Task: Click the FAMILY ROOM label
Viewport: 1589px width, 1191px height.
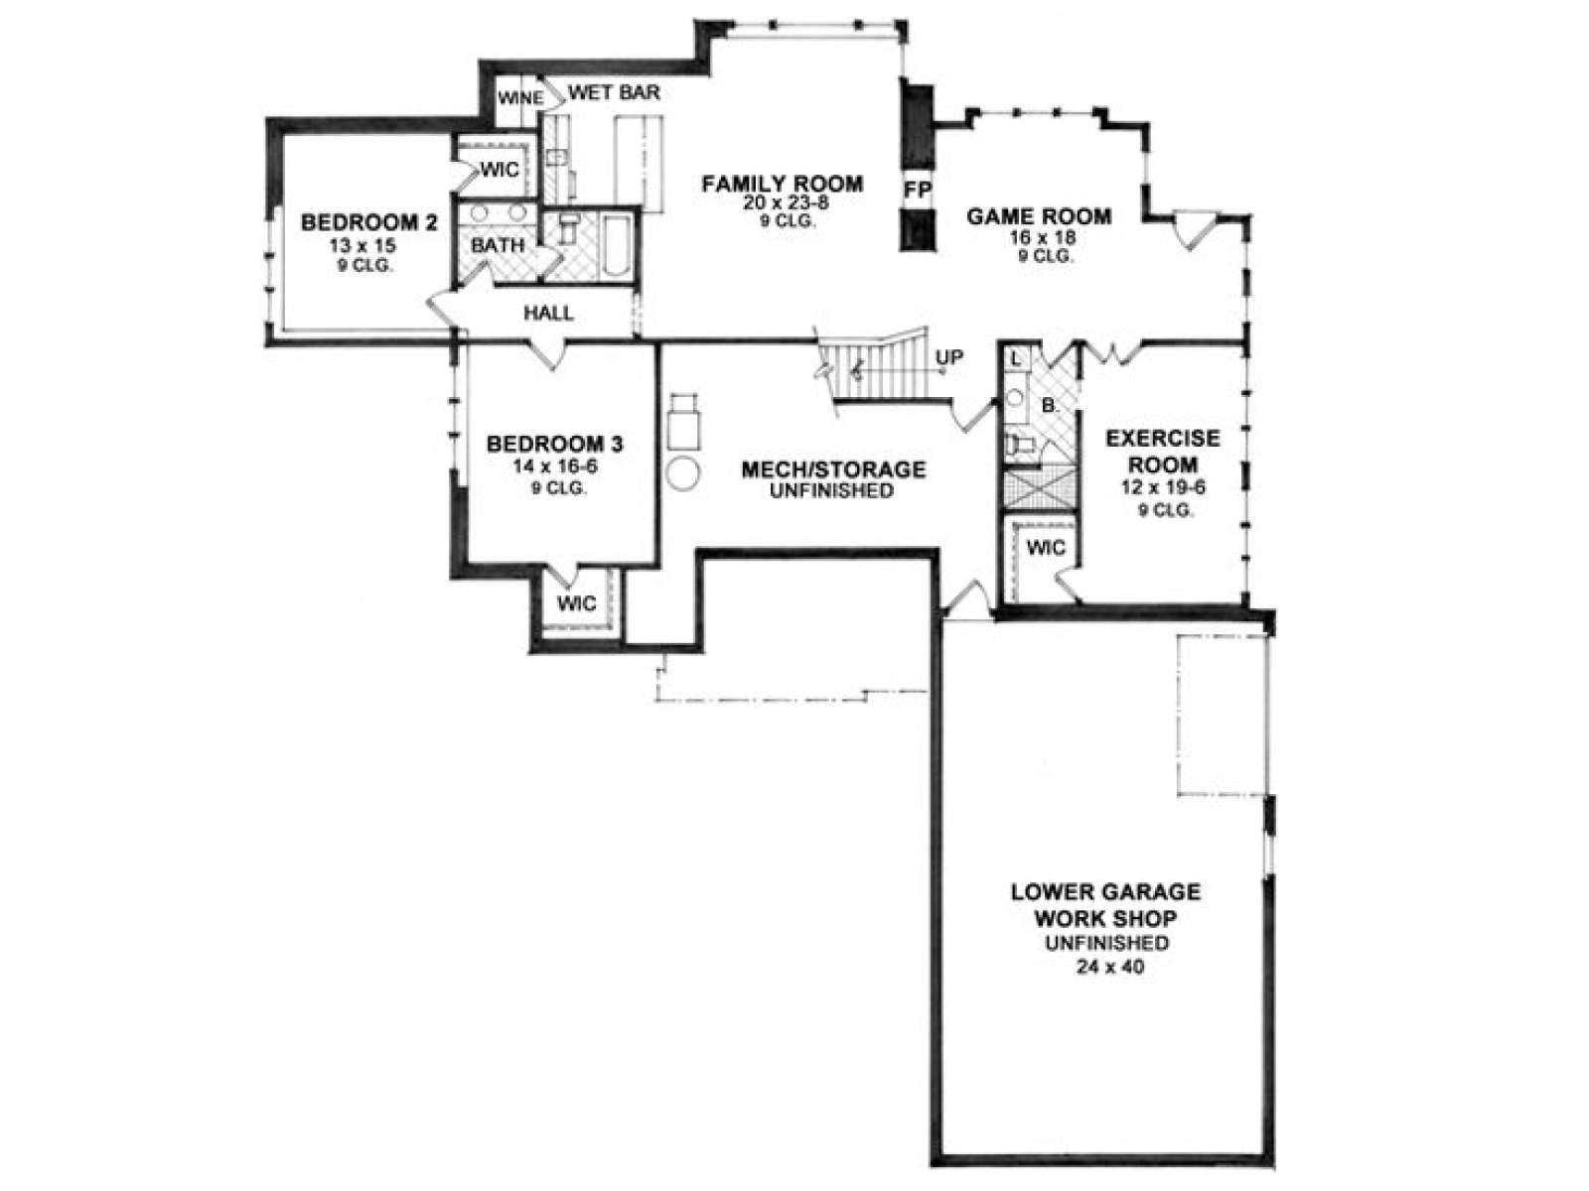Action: pos(782,184)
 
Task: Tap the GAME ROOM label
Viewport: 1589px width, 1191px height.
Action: pos(1039,216)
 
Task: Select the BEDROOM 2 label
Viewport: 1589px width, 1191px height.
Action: pos(368,222)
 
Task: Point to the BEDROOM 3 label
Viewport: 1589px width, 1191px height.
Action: pos(554,444)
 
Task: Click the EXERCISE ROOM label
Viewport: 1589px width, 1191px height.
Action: pos(1163,451)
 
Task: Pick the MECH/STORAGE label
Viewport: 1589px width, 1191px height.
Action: pos(833,469)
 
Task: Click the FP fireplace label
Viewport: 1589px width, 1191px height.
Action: pos(917,190)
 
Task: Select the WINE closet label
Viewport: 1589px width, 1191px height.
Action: pos(519,97)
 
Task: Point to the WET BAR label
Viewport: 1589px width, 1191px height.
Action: pos(615,92)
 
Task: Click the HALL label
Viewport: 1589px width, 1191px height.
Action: pos(548,313)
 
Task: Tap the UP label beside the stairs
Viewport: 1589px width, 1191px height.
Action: pos(949,357)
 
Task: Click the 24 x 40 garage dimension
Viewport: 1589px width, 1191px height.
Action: pos(1109,967)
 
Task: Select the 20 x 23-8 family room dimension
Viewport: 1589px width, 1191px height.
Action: pos(785,203)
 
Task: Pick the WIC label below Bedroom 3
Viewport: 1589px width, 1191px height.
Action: pos(577,603)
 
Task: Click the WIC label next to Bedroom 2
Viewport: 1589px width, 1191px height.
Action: pos(500,169)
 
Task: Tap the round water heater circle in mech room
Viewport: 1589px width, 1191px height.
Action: pos(682,473)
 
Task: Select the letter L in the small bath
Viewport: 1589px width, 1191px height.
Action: pos(1016,358)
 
